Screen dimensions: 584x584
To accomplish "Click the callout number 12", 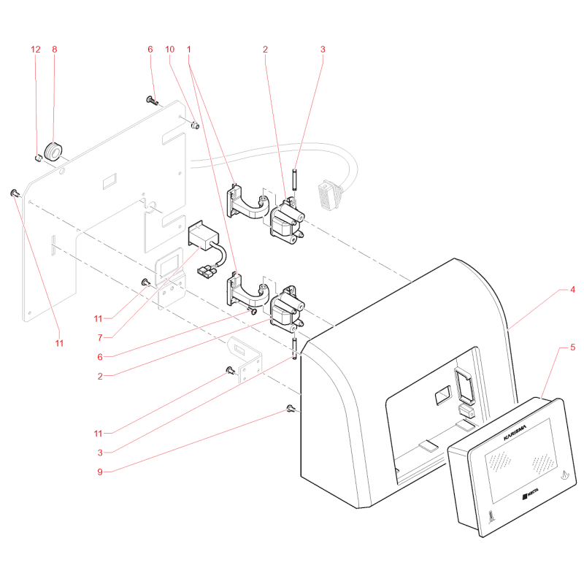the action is click(x=36, y=49).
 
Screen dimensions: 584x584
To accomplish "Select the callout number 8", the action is click(x=54, y=49).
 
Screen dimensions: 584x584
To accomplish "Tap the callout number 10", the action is click(x=170, y=49).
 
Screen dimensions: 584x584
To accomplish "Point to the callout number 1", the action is click(x=189, y=49).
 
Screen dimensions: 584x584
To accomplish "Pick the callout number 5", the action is click(x=572, y=347).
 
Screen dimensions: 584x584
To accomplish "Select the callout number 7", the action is click(x=100, y=338).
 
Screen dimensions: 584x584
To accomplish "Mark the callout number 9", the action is click(x=100, y=472).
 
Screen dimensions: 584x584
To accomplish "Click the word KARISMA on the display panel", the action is click(x=515, y=432).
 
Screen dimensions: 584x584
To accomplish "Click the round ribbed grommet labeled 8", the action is click(x=53, y=151).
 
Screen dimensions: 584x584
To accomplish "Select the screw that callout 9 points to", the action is click(x=291, y=409).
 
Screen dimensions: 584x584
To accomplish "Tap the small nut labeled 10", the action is click(x=195, y=126).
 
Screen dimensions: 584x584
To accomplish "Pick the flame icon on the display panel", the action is click(x=565, y=475).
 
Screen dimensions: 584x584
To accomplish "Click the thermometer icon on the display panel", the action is click(x=492, y=517).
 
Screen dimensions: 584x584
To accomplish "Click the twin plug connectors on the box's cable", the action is click(x=206, y=270).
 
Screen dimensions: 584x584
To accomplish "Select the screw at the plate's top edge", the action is click(x=152, y=100).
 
